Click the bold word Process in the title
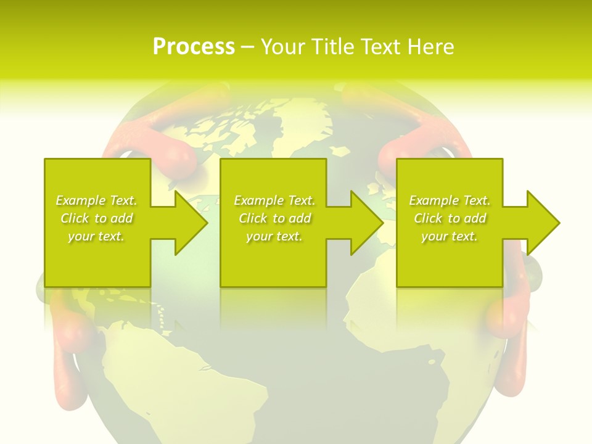pyautogui.click(x=194, y=47)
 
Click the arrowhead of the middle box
pyautogui.click(x=366, y=223)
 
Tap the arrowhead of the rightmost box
pyautogui.click(x=542, y=223)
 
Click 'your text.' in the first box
pyautogui.click(x=96, y=236)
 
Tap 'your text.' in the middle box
pyautogui.click(x=274, y=236)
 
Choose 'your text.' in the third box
pyautogui.click(x=450, y=236)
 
